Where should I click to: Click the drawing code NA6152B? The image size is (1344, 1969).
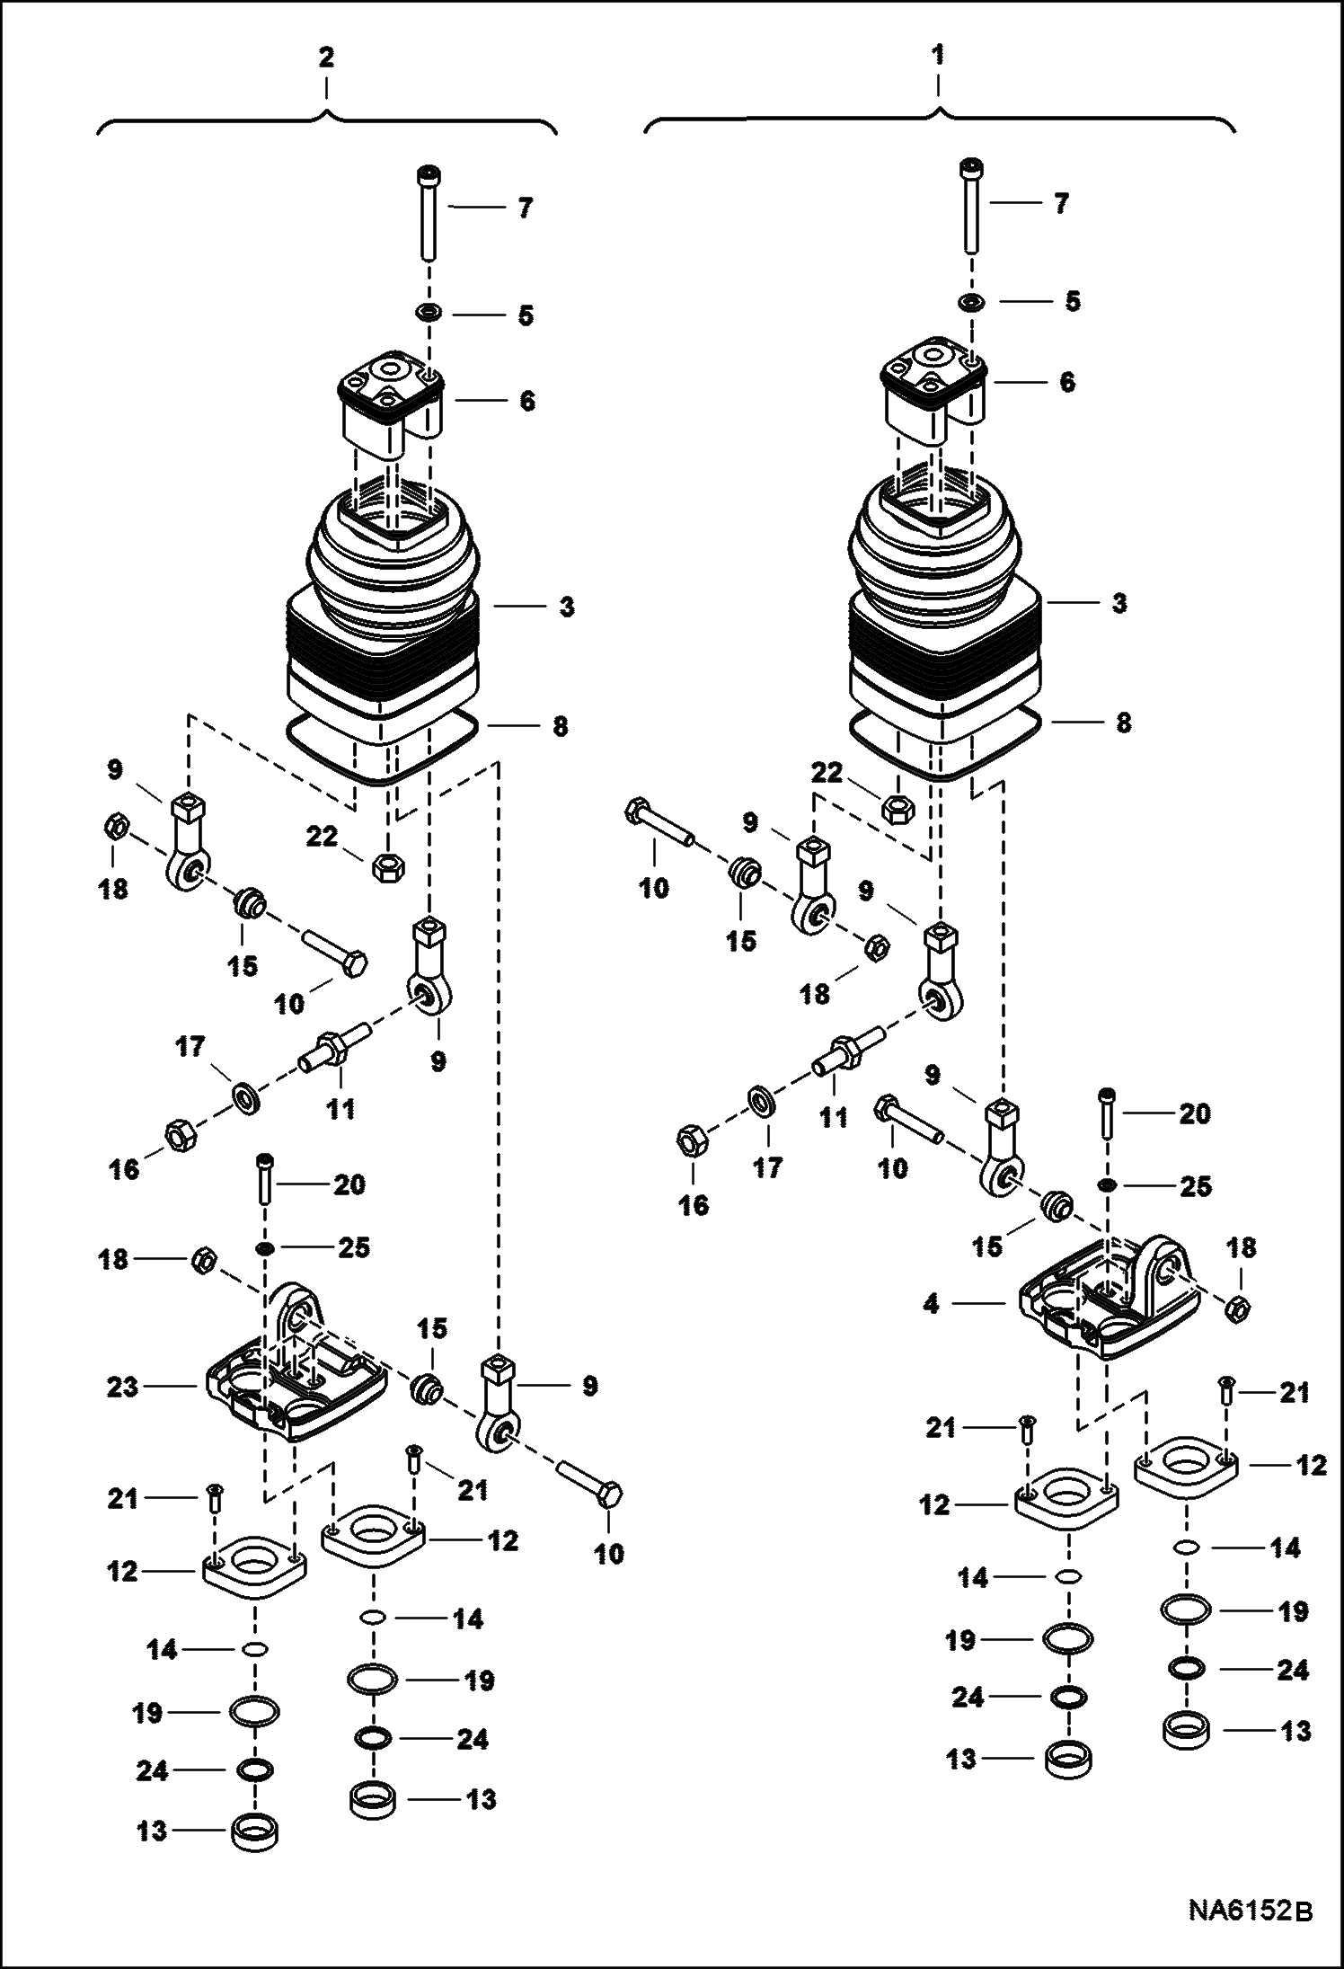coord(1250,1929)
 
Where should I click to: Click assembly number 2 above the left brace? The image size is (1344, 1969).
coord(325,58)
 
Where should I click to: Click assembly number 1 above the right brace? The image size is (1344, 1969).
coord(938,56)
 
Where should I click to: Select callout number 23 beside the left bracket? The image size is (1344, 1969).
coord(122,1387)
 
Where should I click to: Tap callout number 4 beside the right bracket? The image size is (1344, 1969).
coord(931,1303)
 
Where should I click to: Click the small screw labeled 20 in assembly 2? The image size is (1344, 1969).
coord(265,1181)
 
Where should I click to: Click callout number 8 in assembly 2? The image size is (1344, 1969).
coord(559,726)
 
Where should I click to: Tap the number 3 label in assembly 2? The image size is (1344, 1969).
coord(566,608)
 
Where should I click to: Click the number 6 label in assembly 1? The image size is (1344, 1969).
coord(1066,382)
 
